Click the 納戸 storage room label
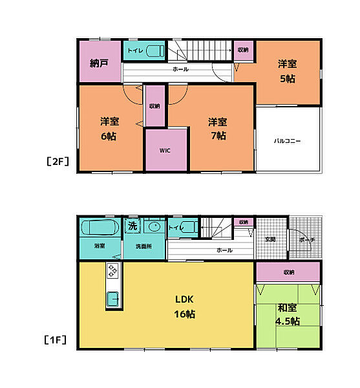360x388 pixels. pos(99,63)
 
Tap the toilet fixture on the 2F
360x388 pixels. pos(155,51)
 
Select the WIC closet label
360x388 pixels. pos(165,151)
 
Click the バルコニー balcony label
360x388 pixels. pos(288,141)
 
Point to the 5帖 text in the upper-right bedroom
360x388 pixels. pos(288,79)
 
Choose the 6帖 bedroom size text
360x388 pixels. pos(109,136)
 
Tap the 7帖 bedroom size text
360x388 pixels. pos(218,136)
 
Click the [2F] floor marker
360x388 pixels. pos(58,162)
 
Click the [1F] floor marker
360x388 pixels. pos(55,340)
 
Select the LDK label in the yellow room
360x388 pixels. pos(184,299)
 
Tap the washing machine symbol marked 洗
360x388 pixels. pos(132,226)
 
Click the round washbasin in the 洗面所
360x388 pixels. pos(154,226)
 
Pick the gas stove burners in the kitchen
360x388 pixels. pos(112,270)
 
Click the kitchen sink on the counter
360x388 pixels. pos(112,299)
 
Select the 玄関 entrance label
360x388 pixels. pos(270,239)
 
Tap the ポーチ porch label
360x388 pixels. pos(306,239)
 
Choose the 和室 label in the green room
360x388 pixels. pos(288,308)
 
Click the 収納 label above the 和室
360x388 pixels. pos(288,272)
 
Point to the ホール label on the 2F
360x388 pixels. pos(180,69)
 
